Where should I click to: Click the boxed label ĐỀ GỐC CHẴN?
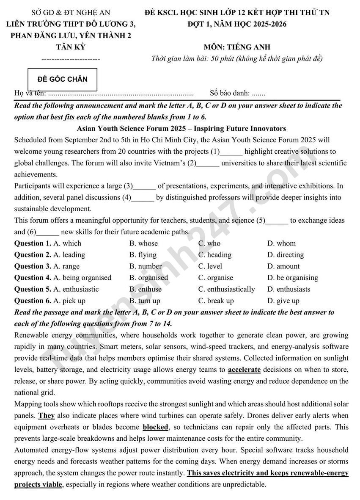coord(63,79)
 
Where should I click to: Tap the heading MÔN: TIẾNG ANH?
coord(237,47)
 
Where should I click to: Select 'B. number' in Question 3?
coord(146,266)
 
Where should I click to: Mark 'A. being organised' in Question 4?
coord(82,278)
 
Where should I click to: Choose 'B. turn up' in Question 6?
coord(145,301)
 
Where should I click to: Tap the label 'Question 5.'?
coord(33,289)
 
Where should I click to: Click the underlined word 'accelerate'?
coord(244,370)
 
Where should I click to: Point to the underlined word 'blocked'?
coord(155,427)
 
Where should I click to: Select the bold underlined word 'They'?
coord(47,415)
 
